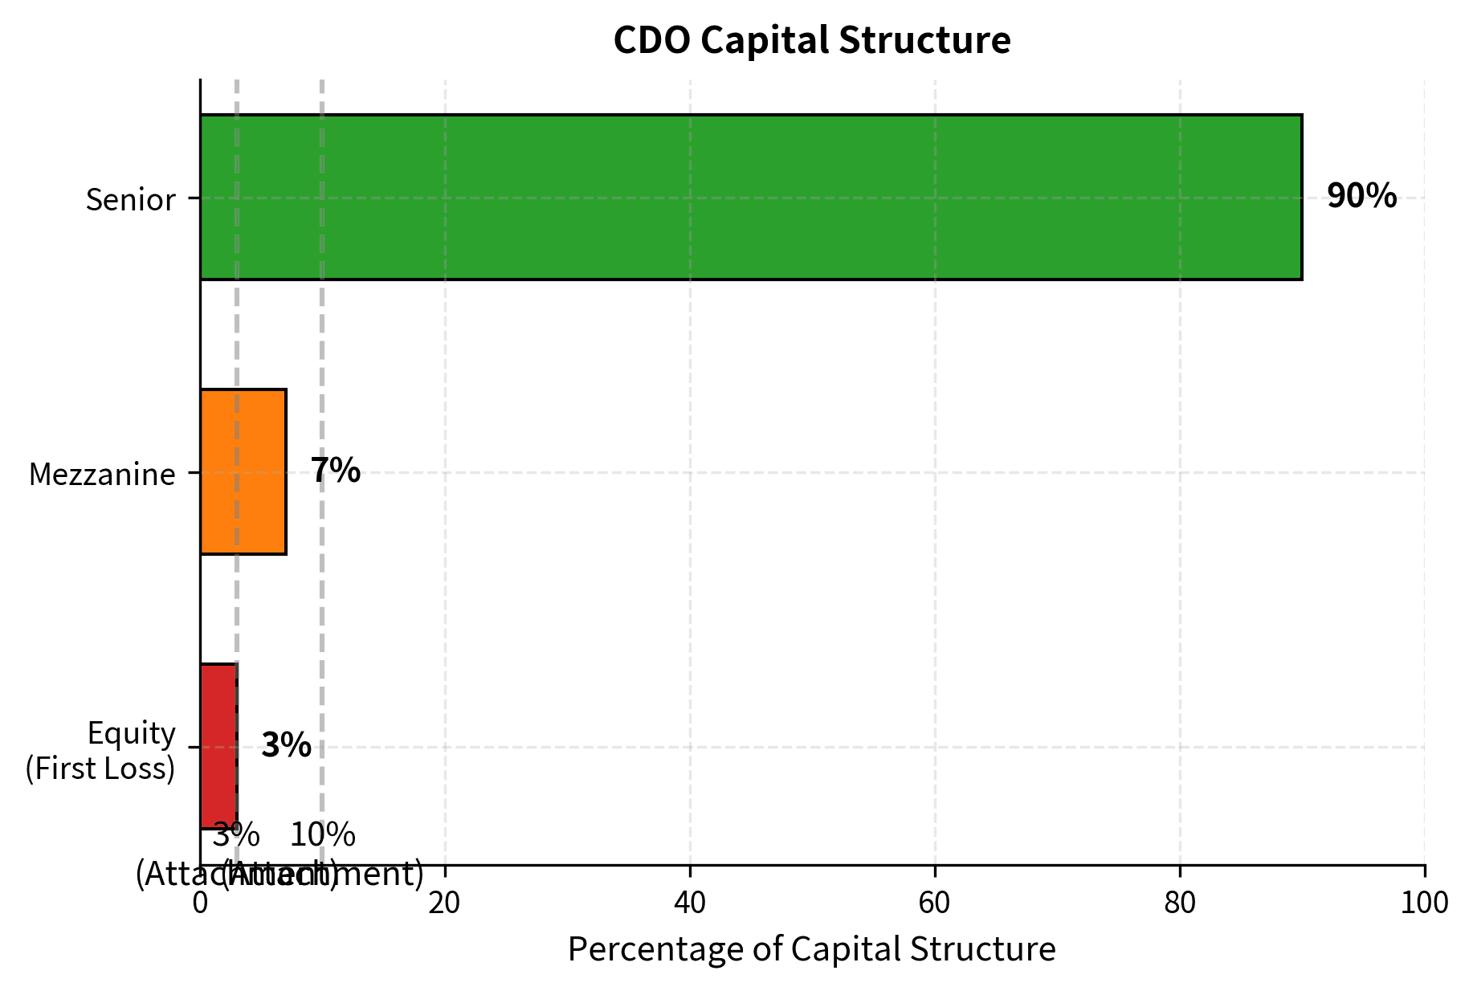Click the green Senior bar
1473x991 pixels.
tap(750, 198)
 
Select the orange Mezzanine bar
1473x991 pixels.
tap(243, 472)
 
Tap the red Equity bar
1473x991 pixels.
tap(218, 746)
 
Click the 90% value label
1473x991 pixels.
tap(1361, 197)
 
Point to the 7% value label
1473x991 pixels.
tap(336, 471)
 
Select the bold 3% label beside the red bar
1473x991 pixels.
tap(286, 746)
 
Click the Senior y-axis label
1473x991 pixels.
tap(130, 200)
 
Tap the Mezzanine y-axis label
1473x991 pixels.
tap(102, 475)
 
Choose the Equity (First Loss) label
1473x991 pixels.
tap(100, 751)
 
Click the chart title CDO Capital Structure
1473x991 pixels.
tap(811, 40)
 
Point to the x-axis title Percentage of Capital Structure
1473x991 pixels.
tap(811, 949)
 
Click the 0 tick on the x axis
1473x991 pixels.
tap(200, 903)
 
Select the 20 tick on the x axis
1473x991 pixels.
tap(444, 903)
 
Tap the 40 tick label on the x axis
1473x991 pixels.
tap(689, 903)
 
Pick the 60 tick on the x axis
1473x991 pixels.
tap(934, 903)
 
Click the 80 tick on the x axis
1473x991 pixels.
tap(1179, 903)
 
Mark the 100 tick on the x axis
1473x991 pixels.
tap(1424, 903)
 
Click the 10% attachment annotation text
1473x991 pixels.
tap(323, 836)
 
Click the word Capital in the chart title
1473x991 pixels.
tap(765, 40)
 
